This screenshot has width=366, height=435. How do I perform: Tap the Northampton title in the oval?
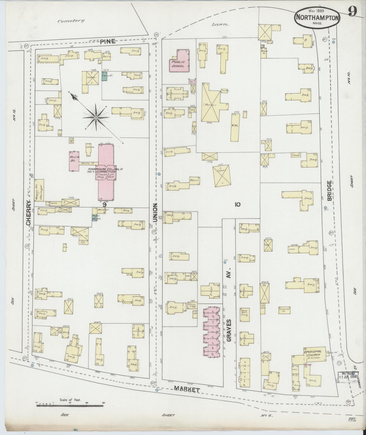click(x=317, y=18)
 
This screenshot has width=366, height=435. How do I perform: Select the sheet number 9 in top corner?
click(x=352, y=11)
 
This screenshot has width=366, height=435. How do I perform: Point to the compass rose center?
click(x=96, y=118)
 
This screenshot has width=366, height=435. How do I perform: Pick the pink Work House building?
click(x=74, y=161)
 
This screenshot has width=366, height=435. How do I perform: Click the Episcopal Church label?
click(x=312, y=353)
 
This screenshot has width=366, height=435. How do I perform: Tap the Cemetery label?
click(x=71, y=21)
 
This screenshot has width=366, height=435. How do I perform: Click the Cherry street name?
click(x=29, y=213)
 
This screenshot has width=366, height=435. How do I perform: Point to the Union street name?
click(x=155, y=212)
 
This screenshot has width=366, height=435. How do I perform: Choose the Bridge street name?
click(x=329, y=191)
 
